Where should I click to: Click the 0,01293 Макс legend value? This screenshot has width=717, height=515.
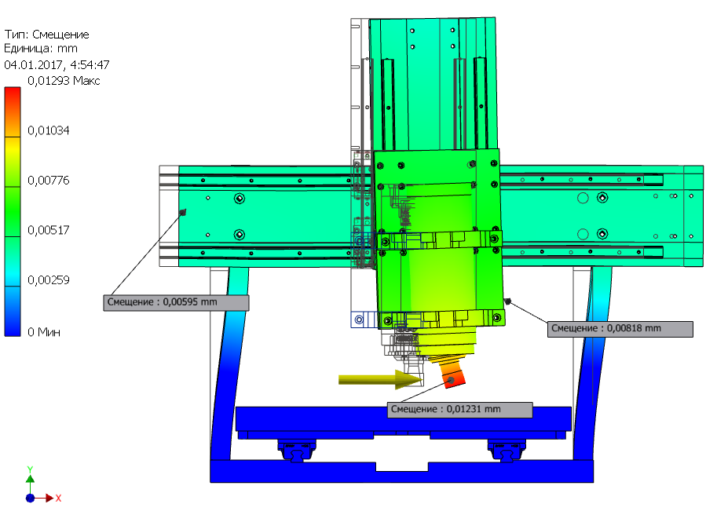[64, 81]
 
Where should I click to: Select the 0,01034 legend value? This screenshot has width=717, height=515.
[49, 130]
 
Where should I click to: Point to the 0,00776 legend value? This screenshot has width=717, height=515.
[49, 181]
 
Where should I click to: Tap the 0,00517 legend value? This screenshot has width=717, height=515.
[49, 230]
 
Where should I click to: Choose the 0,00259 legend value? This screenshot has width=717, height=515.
[49, 279]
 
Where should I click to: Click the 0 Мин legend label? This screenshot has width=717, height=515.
[44, 332]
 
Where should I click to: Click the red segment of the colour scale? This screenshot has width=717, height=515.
[13, 111]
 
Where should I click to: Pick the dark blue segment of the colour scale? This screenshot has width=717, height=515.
[13, 312]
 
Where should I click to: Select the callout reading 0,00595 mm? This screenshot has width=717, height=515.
[176, 302]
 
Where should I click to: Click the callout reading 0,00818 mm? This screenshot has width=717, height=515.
[620, 329]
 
